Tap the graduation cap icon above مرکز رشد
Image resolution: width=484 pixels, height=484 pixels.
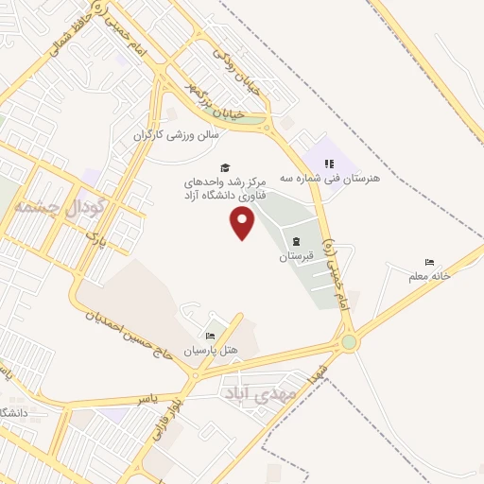[225, 167]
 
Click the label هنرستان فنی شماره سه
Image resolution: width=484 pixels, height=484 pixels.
[363, 177]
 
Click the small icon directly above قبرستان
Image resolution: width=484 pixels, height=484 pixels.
[298, 241]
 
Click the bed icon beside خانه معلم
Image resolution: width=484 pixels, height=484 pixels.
[429, 262]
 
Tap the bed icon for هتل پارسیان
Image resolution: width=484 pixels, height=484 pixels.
[210, 336]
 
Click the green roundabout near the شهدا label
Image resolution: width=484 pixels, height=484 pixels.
[350, 343]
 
